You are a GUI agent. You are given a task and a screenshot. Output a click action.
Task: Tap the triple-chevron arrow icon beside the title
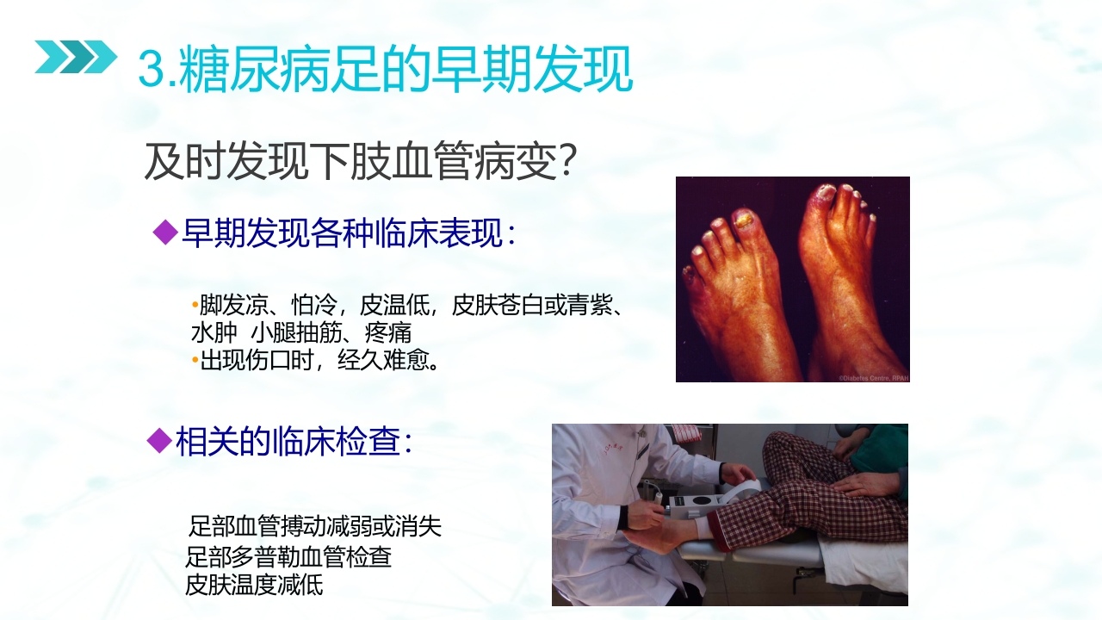pyautogui.click(x=75, y=57)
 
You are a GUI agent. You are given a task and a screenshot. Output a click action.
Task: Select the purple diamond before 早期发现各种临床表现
pyautogui.click(x=164, y=232)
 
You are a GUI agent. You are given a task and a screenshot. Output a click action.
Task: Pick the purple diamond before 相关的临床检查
pyautogui.click(x=159, y=441)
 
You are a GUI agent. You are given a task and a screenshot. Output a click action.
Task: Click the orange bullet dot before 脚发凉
pyautogui.click(x=195, y=305)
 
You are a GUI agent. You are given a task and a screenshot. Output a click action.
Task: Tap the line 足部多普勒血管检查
pyautogui.click(x=288, y=556)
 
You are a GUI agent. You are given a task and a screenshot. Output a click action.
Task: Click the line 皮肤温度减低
pyautogui.click(x=254, y=586)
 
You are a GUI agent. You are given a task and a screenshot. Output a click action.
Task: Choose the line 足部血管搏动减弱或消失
pyautogui.click(x=314, y=525)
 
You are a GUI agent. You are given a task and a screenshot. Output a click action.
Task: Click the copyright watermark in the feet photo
pyautogui.click(x=873, y=376)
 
